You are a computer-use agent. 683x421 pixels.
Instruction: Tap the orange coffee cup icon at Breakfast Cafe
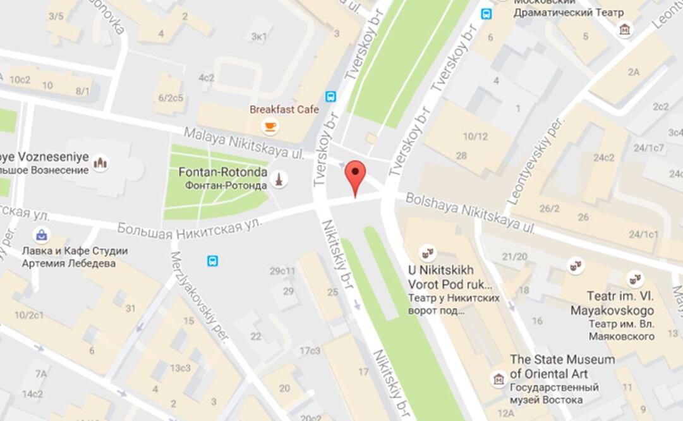coord(270,126)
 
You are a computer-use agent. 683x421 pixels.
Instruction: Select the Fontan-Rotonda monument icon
coord(279,180)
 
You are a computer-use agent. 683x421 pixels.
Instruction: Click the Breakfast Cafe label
coord(284,109)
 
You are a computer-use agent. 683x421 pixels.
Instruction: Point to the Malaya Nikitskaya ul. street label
coord(244,143)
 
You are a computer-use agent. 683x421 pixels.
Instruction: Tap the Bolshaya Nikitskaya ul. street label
coord(470,213)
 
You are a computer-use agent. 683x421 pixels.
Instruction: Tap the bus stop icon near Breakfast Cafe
coord(330,97)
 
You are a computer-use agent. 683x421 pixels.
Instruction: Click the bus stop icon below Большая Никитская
coord(212,260)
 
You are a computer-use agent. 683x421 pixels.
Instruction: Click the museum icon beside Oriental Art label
coord(499,379)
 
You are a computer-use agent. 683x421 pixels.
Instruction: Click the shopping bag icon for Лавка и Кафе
coord(41,235)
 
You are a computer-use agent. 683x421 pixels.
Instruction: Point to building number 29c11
coord(282,272)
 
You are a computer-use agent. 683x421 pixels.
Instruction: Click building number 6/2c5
coord(171,97)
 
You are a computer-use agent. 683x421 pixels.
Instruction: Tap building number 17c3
coord(310,350)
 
